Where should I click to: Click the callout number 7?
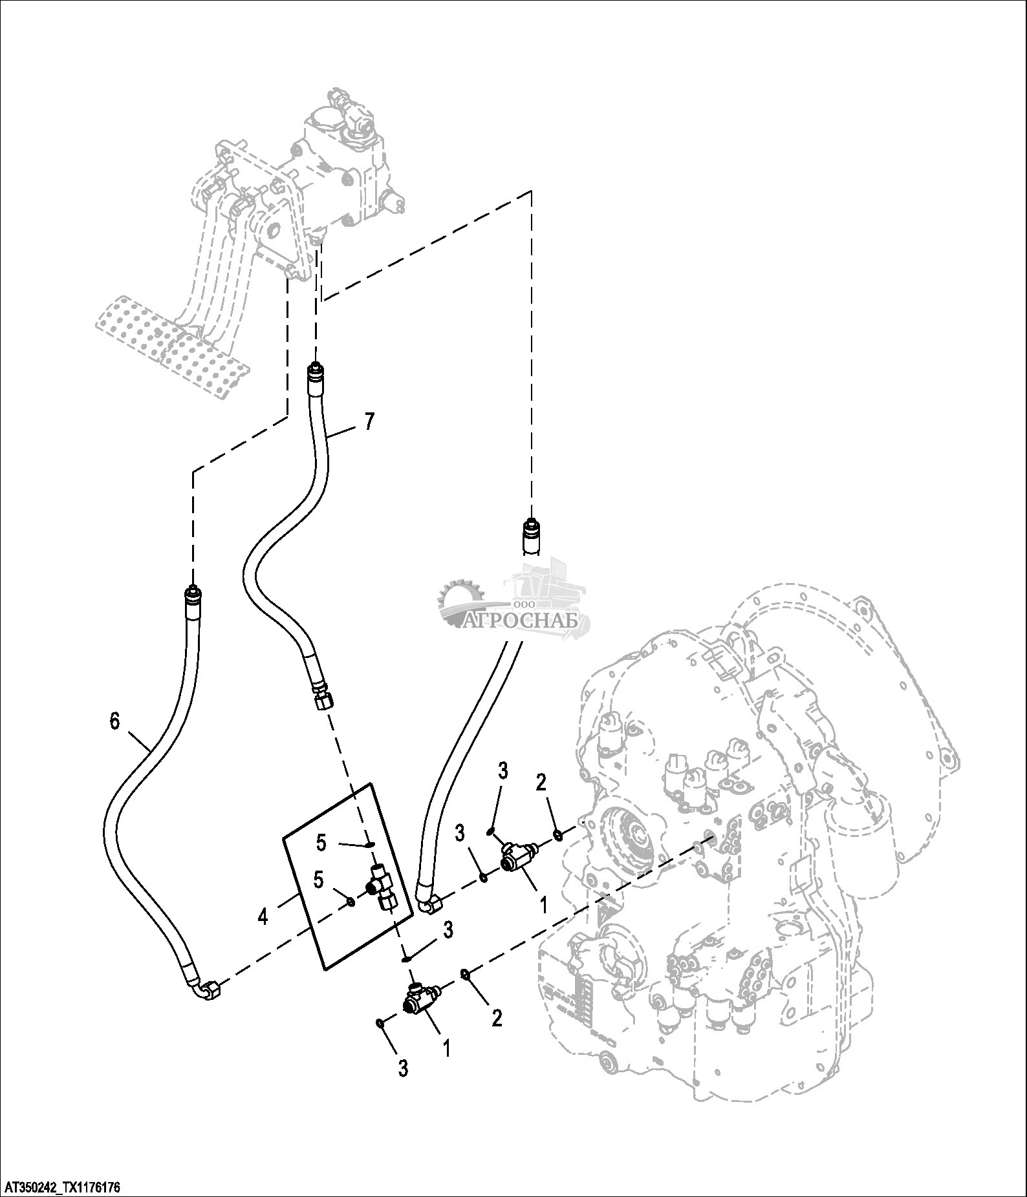click(x=369, y=421)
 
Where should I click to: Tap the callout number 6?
click(x=115, y=721)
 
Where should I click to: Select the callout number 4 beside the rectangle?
click(x=263, y=916)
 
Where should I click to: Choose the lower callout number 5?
click(x=318, y=880)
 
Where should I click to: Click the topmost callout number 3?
click(x=503, y=770)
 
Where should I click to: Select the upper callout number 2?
click(x=541, y=783)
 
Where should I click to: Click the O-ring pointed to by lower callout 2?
click(x=465, y=973)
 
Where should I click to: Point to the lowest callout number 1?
click(x=445, y=1047)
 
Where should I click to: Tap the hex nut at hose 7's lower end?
click(x=323, y=701)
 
